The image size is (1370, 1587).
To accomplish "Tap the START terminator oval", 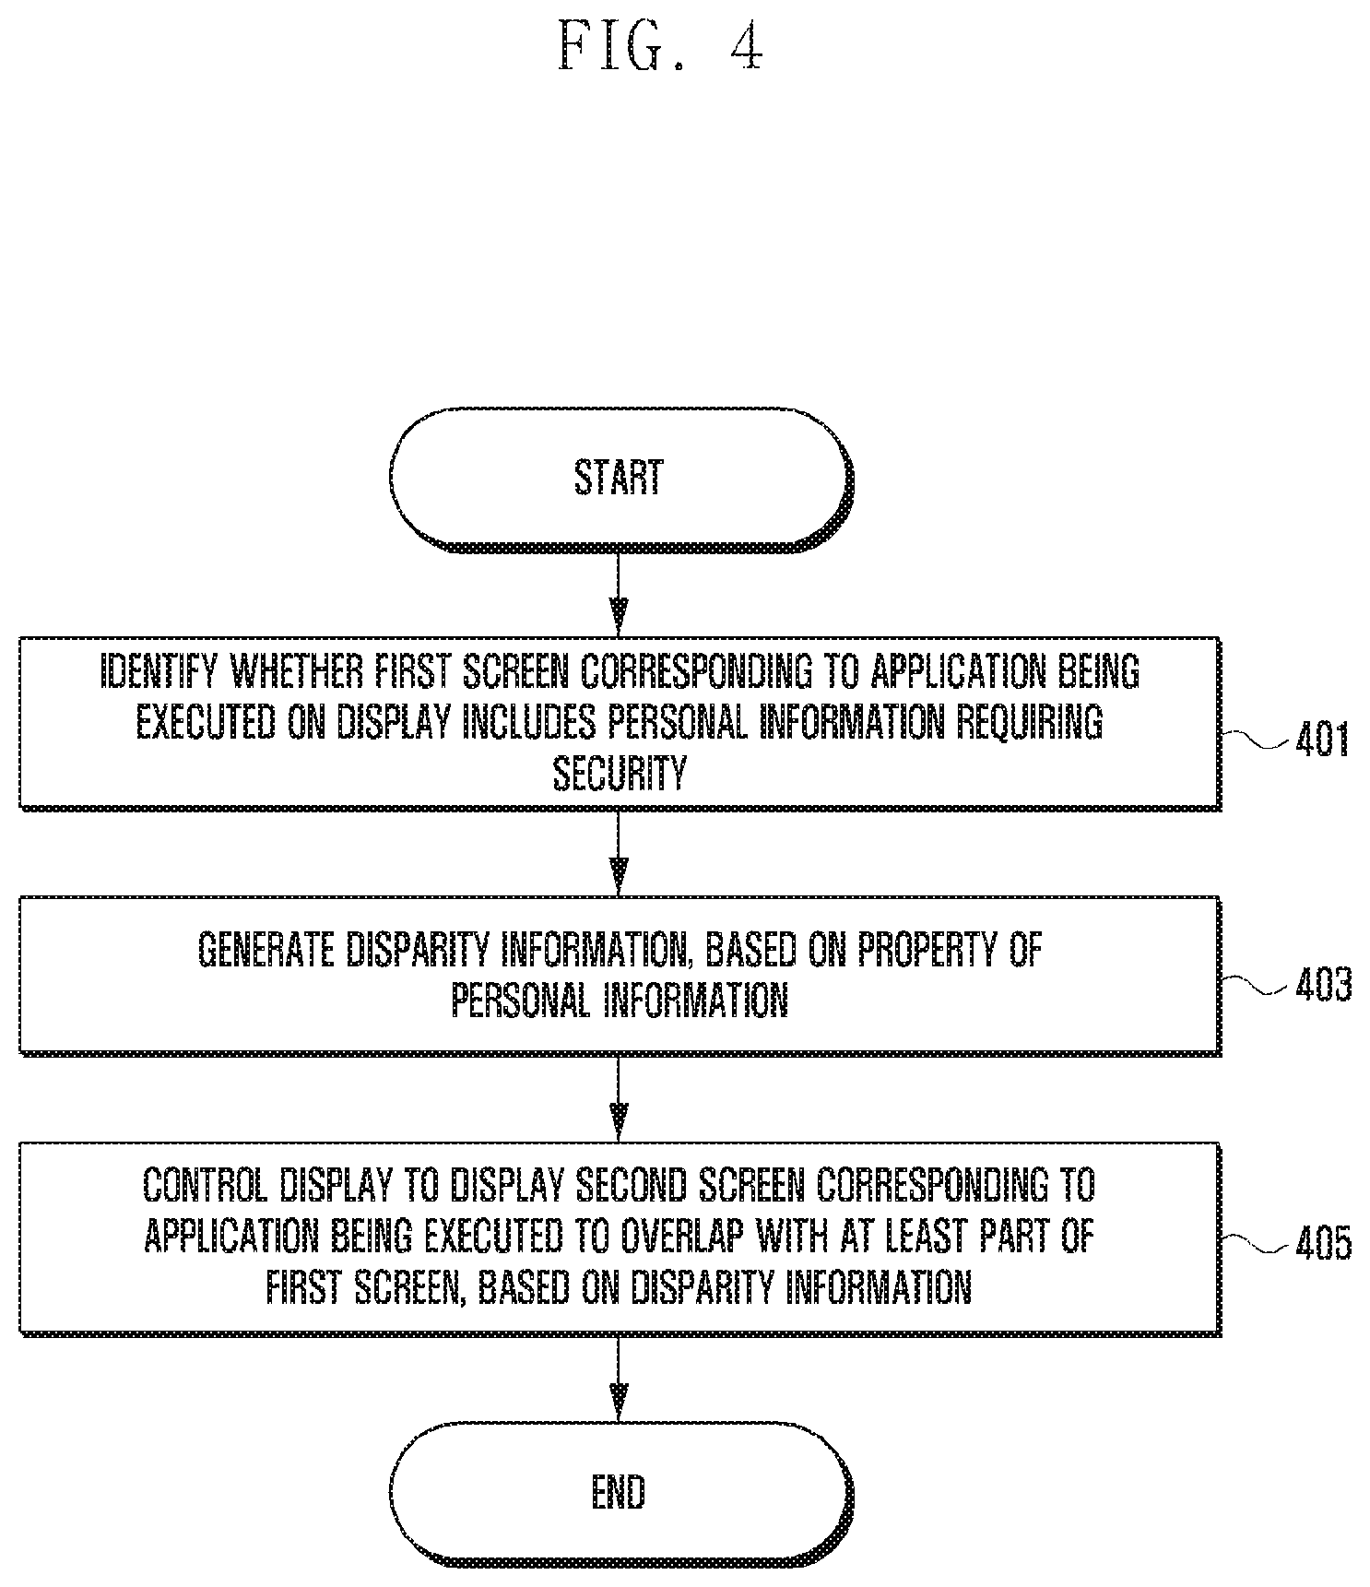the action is tap(620, 480).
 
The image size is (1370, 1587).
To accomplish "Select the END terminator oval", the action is tap(620, 1493).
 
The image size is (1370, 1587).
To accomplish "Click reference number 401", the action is tap(1322, 740).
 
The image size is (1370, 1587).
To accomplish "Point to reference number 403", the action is tap(1323, 985).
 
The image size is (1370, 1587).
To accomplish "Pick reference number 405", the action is tap(1323, 1243).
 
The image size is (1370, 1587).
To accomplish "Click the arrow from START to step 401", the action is tap(619, 595).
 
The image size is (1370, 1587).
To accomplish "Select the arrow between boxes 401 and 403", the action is tap(619, 853).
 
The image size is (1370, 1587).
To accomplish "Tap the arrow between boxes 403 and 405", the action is tap(619, 1098).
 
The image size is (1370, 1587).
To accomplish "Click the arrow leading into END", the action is tap(619, 1378).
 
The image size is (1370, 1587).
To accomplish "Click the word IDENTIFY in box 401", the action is tap(159, 672).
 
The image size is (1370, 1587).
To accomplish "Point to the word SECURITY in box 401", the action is tap(620, 773).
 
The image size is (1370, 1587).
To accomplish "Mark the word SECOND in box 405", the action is tap(651, 1185).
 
